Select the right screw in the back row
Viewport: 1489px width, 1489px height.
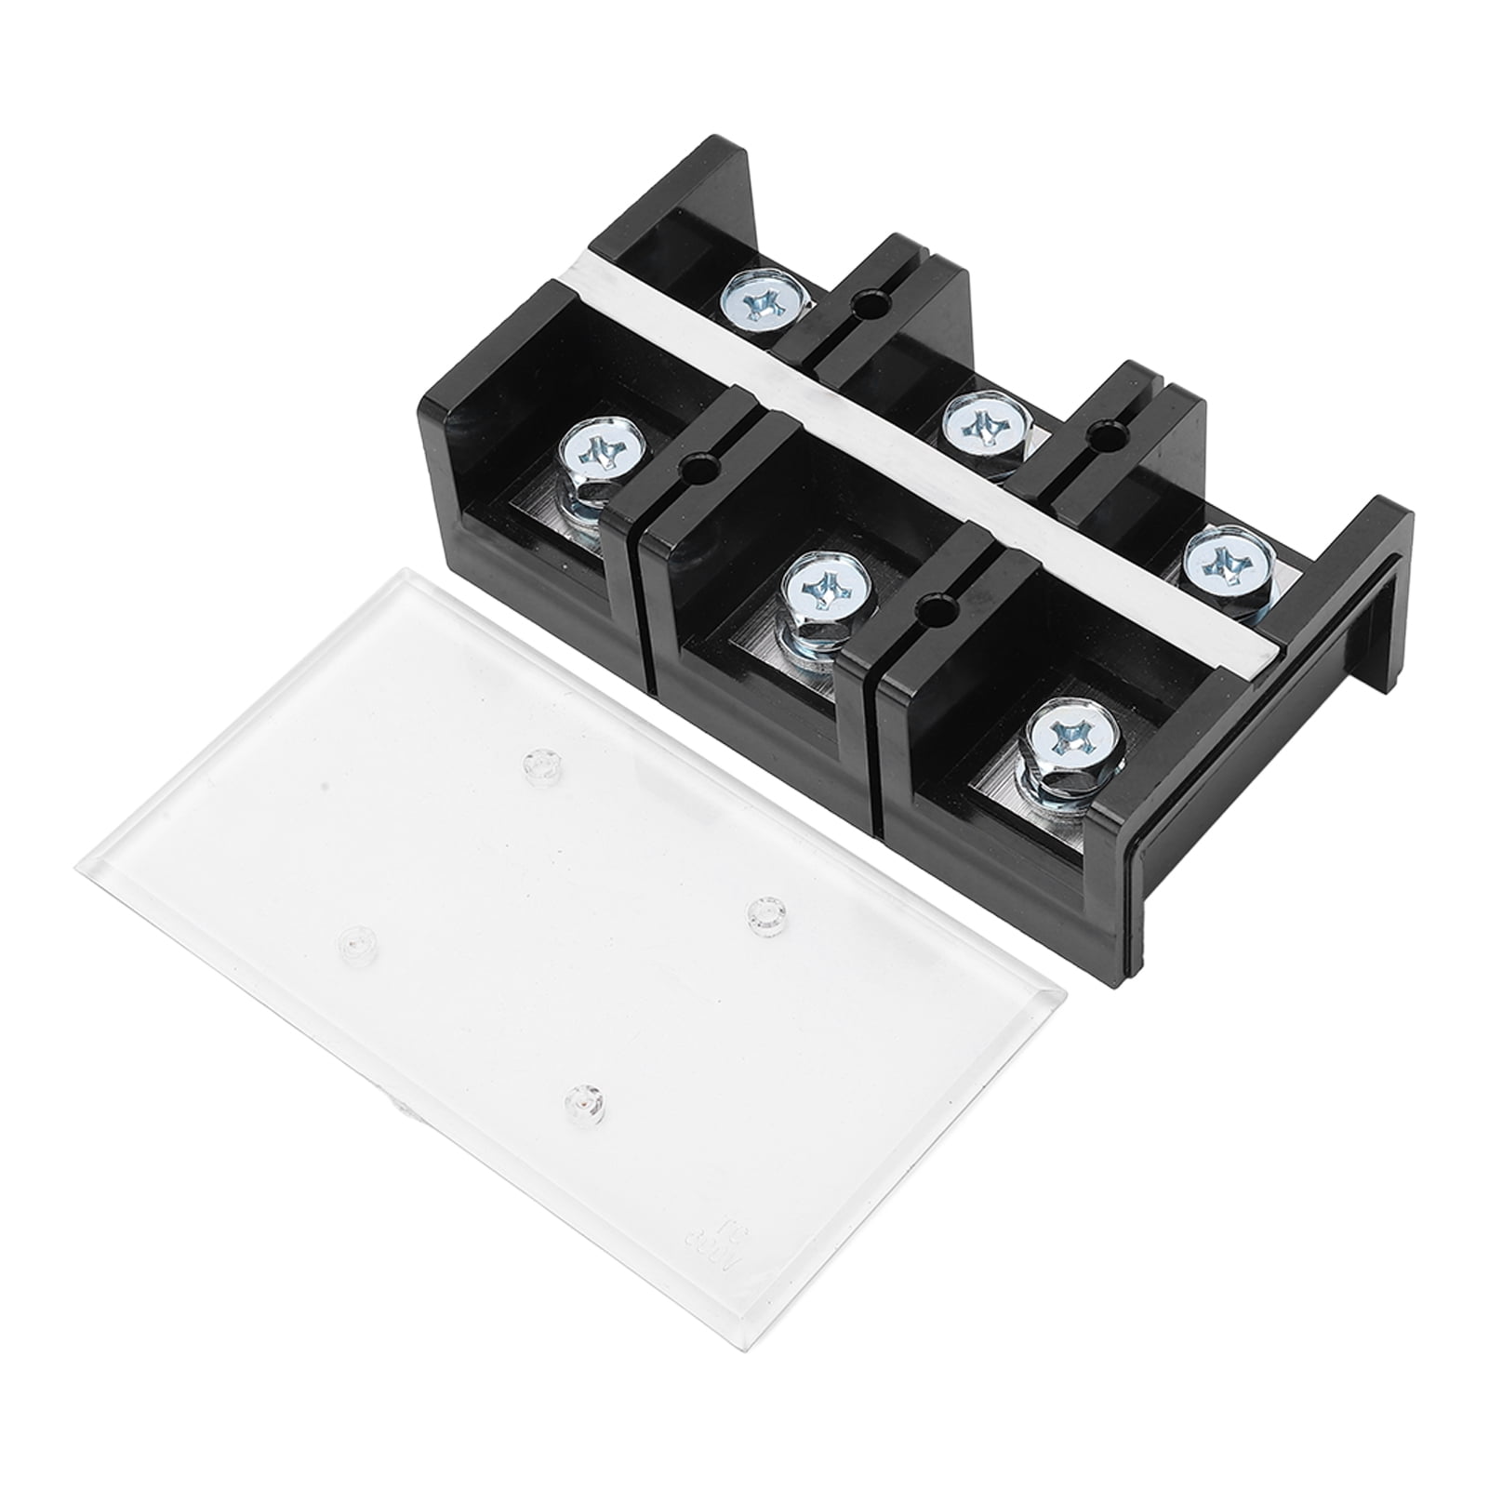pyautogui.click(x=1218, y=562)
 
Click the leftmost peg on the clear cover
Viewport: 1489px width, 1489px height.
pyautogui.click(x=352, y=941)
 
